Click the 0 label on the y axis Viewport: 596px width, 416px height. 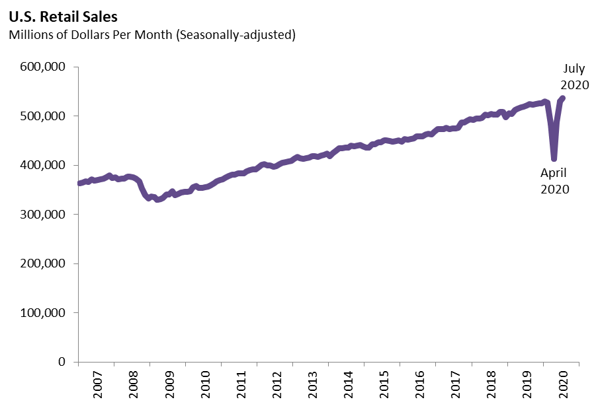(x=61, y=362)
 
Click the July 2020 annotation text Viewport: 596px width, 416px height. (x=574, y=77)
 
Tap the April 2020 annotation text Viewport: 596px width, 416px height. (x=555, y=180)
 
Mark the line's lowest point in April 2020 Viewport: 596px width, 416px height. (x=554, y=158)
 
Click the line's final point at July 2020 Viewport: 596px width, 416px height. (x=562, y=98)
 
